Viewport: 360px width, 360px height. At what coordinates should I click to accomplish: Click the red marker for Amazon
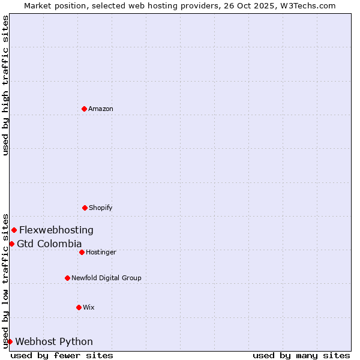tap(84, 109)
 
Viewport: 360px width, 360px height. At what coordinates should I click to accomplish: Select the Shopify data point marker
tap(85, 208)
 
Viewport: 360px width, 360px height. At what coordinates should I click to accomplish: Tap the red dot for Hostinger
tap(82, 252)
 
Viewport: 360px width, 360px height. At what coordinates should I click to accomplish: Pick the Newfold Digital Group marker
tap(67, 278)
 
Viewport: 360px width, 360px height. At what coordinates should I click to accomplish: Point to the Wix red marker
tap(79, 307)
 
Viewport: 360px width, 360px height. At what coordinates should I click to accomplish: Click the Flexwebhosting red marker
tap(14, 230)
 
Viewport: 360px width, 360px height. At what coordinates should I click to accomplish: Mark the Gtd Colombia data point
tap(11, 244)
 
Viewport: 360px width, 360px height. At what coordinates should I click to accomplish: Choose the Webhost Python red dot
tap(10, 341)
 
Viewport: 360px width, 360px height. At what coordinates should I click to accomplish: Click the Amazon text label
tap(101, 109)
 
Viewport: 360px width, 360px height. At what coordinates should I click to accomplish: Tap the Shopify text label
tap(101, 208)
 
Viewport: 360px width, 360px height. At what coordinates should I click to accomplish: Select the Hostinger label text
tap(101, 252)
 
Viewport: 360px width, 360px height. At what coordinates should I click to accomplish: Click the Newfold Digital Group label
tap(106, 278)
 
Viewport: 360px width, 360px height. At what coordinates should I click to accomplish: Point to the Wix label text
tap(89, 307)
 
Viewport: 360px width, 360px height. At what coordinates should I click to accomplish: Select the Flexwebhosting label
tap(56, 230)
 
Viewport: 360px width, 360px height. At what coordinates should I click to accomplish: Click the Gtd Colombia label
tap(49, 244)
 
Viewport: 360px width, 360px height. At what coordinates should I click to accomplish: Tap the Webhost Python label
tap(54, 341)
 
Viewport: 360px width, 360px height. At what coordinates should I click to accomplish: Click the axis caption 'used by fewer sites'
tap(62, 355)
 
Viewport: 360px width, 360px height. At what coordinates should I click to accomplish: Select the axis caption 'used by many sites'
tap(301, 355)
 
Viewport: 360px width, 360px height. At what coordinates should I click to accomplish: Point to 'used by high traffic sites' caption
tap(5, 85)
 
